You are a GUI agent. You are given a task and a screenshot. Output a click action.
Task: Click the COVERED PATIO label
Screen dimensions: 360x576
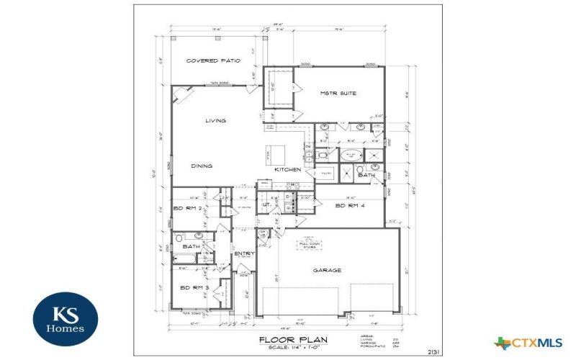[x=212, y=61]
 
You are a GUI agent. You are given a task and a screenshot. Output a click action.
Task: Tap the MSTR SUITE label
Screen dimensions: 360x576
[x=338, y=94]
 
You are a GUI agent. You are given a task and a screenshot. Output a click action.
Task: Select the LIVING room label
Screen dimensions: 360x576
[x=216, y=121]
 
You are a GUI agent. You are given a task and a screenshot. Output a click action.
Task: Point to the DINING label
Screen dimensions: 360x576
[x=202, y=166]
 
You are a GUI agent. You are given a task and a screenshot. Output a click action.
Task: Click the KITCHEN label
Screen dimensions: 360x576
[x=287, y=170]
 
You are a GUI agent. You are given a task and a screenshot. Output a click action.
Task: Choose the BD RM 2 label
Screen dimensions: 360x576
[x=186, y=209]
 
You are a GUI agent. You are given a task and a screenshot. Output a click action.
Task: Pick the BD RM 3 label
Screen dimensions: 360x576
[x=194, y=288]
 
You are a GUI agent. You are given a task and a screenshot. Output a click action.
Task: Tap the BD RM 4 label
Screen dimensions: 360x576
[x=351, y=207]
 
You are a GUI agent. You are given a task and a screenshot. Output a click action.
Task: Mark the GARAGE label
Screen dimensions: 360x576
[x=327, y=271]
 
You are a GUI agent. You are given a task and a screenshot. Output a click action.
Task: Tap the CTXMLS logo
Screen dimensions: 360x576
[x=529, y=343]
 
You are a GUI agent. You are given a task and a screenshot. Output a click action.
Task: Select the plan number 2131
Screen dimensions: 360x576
[x=433, y=352]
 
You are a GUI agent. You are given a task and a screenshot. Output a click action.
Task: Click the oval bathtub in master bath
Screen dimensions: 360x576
[x=351, y=156]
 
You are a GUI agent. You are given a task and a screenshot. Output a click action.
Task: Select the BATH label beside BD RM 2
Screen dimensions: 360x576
[x=191, y=247]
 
